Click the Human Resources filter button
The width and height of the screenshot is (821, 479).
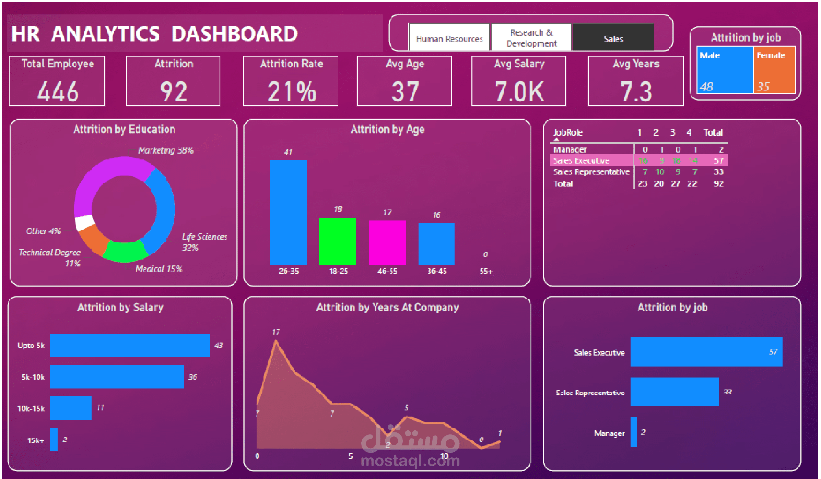[449, 37]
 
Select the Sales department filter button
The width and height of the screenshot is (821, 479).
[613, 37]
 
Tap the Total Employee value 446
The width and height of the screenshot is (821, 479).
[58, 91]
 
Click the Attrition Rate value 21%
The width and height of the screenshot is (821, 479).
[292, 91]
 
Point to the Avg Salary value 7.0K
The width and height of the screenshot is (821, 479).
[519, 91]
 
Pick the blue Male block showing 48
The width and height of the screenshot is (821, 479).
[725, 70]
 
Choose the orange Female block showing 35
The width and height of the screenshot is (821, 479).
[774, 70]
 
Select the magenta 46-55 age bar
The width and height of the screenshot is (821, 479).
[387, 242]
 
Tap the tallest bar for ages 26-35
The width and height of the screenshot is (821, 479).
[288, 212]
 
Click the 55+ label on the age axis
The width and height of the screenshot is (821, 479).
[486, 271]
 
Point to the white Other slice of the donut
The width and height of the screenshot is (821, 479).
[84, 222]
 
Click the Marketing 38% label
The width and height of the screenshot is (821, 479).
[166, 150]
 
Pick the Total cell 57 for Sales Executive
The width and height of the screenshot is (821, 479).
[718, 160]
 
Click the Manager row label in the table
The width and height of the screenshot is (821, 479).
[570, 149]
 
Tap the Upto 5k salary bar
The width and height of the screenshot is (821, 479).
[130, 346]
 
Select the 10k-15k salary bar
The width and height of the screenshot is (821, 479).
[71, 408]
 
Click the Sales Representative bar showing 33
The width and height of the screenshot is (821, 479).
[675, 392]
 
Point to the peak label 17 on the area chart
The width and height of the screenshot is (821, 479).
[276, 332]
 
